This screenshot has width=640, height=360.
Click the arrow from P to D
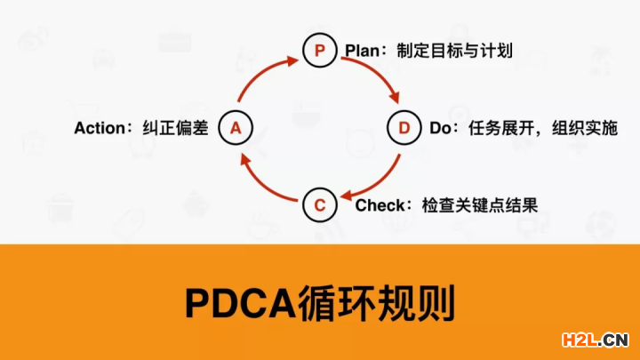378,72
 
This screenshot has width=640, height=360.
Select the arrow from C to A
261,183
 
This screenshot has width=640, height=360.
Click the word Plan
363,51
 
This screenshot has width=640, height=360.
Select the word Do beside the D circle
440,128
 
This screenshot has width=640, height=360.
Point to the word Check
380,205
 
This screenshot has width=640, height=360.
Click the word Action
100,128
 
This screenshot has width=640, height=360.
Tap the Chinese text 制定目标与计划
455,51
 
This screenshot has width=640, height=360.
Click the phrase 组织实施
585,128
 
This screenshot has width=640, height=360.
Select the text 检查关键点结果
480,205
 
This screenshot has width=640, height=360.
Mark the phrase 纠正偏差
175,128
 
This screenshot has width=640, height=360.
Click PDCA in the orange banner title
240,303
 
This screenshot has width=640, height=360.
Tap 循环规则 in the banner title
376,304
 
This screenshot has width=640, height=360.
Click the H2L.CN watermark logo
595,340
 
